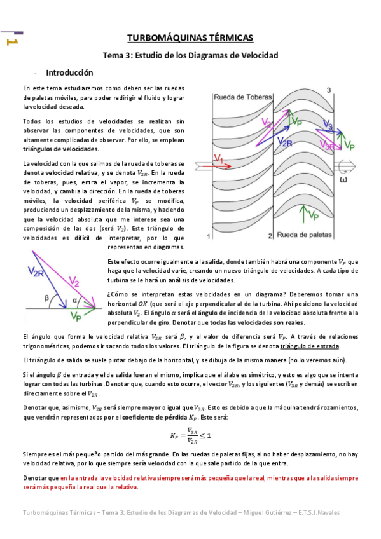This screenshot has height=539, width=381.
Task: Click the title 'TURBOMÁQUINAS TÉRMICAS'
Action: pyautogui.click(x=190, y=38)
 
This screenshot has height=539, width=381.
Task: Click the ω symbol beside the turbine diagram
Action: pyautogui.click(x=345, y=179)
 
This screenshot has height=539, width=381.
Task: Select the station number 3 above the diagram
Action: pyautogui.click(x=329, y=91)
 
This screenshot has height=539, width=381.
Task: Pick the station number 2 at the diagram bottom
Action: pyautogui.click(x=270, y=236)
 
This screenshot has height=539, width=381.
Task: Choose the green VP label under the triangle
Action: pyautogui.click(x=77, y=316)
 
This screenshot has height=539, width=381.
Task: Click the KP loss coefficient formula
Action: pyautogui.click(x=190, y=435)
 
